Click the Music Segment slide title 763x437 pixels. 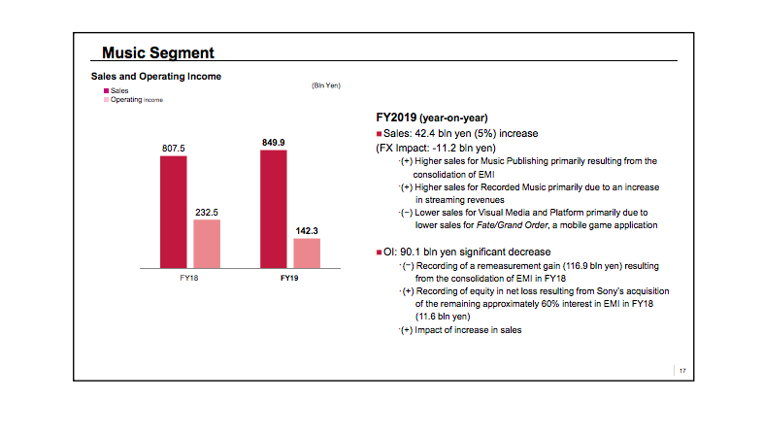[158, 52]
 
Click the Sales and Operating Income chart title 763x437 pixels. [156, 76]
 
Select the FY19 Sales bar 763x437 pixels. [273, 208]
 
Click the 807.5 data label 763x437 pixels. [173, 148]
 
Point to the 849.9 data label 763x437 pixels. [273, 142]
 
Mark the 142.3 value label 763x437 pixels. [307, 231]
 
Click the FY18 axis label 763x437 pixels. [189, 278]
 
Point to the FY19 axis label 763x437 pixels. [289, 278]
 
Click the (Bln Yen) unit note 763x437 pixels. [325, 85]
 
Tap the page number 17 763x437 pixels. [682, 371]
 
